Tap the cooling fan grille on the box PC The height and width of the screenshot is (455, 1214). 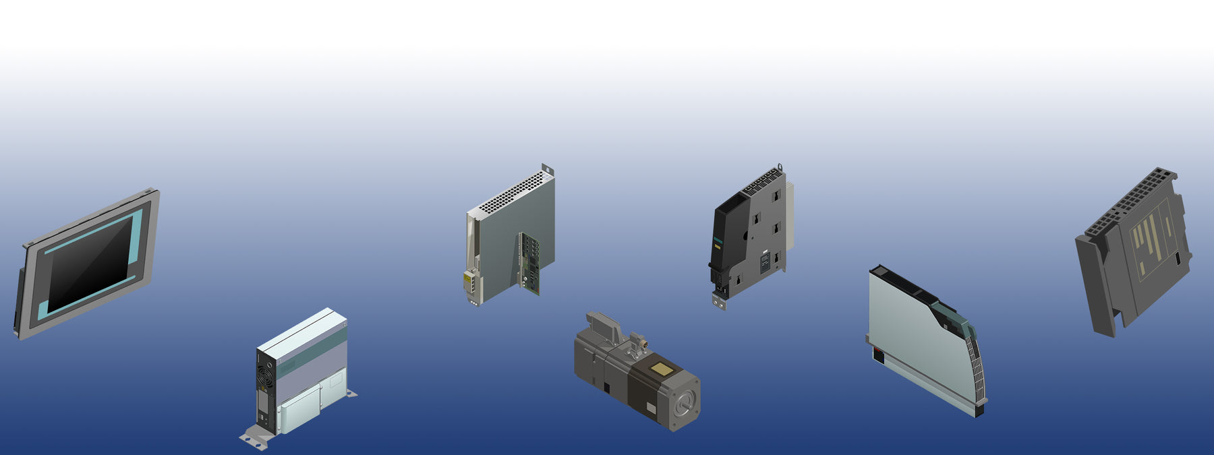pyautogui.click(x=265, y=371)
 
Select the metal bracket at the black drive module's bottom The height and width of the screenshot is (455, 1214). pyautogui.click(x=720, y=301)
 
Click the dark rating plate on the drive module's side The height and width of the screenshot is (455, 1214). pyautogui.click(x=765, y=263)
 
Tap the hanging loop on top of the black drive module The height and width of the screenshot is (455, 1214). pyautogui.click(x=780, y=166)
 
